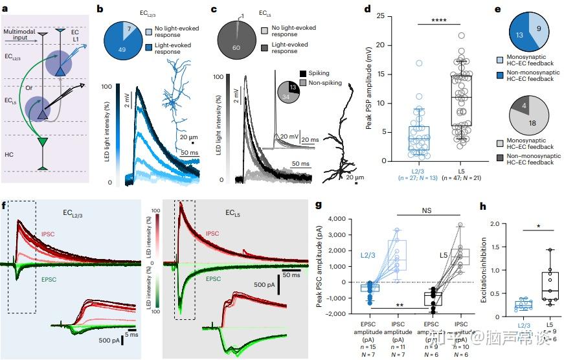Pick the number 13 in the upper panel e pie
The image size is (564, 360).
[x=517, y=35]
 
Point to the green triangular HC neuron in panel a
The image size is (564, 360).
[x=43, y=141]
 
